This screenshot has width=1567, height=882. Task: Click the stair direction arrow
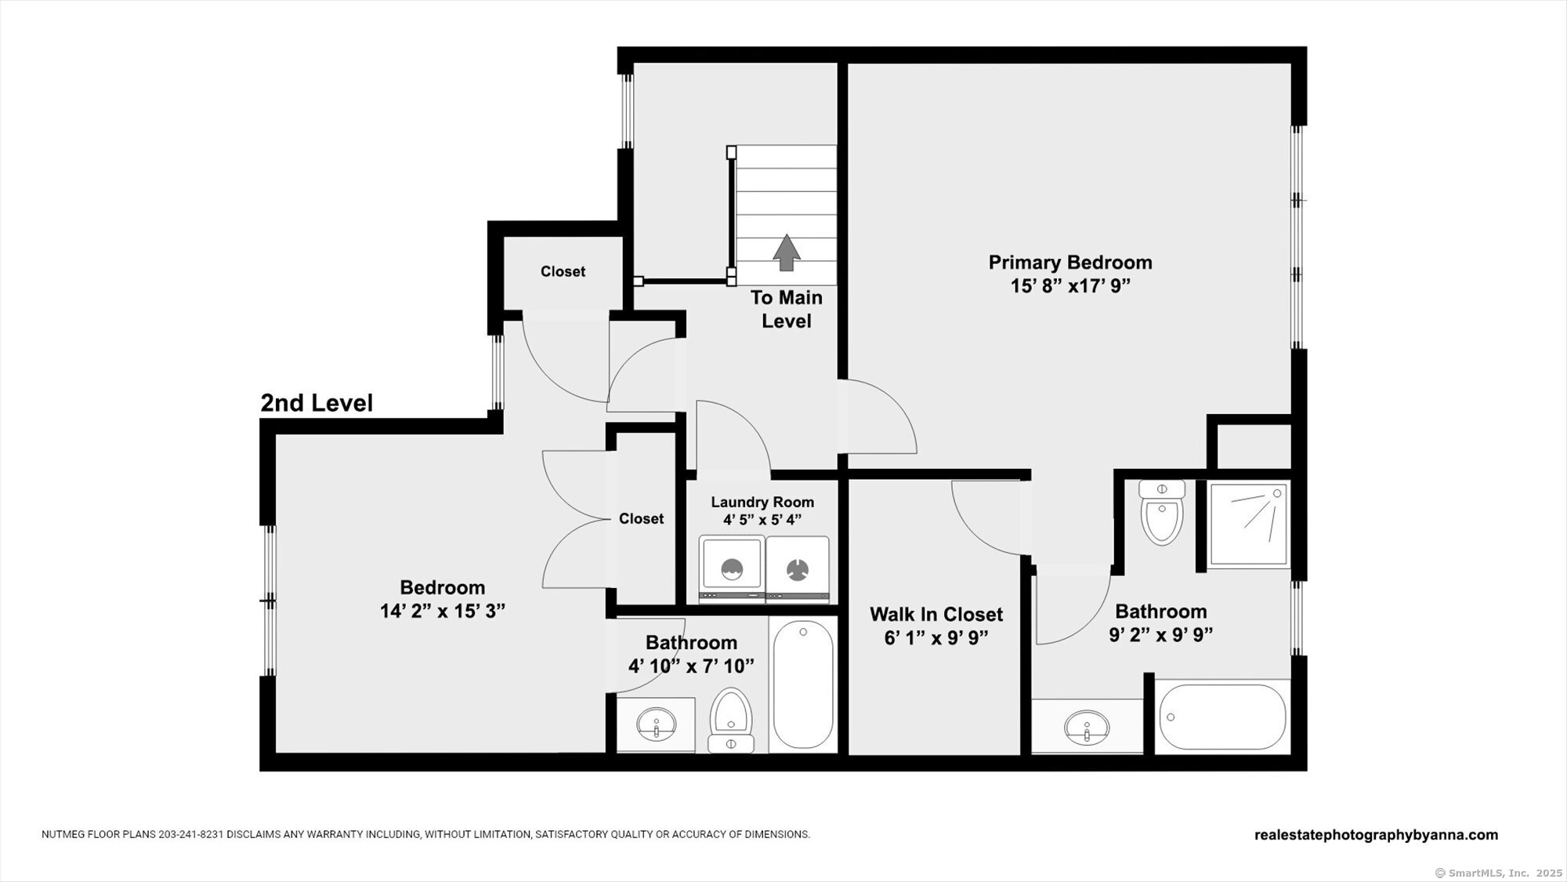coord(787,252)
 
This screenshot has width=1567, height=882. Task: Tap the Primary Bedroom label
coord(1070,262)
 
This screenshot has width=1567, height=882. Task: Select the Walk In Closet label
coord(936,614)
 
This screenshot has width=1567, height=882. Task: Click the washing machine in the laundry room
coord(732,569)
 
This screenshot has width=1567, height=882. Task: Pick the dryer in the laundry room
coord(798,569)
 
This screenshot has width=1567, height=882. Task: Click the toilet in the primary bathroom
coord(1162,513)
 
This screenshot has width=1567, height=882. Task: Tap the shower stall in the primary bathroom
coord(1249,524)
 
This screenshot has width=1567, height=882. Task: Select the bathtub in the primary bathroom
coord(1222,717)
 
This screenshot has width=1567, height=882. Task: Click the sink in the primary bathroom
coord(1087,727)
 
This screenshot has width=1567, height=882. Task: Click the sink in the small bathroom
coord(656,724)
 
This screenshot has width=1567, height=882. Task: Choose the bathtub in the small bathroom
coord(803,684)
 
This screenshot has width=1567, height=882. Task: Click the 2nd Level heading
coord(317,403)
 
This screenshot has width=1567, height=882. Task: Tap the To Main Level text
coord(787,309)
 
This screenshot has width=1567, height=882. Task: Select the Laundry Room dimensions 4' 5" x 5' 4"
coord(762,520)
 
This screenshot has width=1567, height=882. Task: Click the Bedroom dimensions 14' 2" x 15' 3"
coord(443,611)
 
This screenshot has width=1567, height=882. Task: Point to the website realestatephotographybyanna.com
coord(1376,835)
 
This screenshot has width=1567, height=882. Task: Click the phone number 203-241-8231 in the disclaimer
coord(192,835)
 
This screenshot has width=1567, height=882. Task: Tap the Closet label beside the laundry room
coord(641,518)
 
